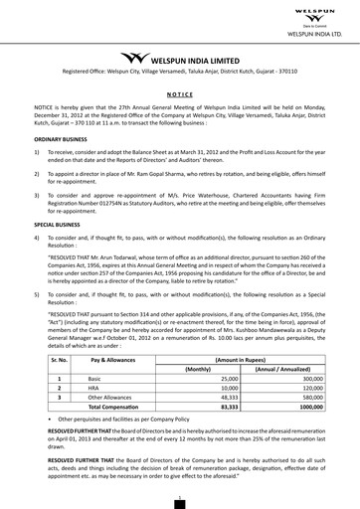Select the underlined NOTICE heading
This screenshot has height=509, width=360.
180,88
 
